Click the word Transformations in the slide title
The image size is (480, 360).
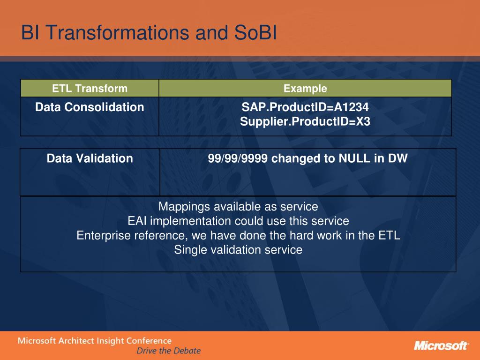tap(118, 32)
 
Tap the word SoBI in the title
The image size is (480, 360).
tap(255, 32)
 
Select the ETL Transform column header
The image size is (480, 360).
tap(90, 89)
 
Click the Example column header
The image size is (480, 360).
tap(305, 89)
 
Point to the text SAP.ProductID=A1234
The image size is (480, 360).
tap(305, 107)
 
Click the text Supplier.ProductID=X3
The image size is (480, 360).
tap(305, 121)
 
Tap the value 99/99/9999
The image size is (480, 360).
tap(238, 158)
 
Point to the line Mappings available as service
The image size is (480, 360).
tap(238, 207)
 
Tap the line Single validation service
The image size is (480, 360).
tap(238, 250)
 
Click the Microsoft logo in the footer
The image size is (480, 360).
tap(441, 345)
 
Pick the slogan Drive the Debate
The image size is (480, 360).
tap(169, 351)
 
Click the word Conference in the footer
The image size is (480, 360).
tap(149, 341)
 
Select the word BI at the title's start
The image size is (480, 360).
tap(30, 32)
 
